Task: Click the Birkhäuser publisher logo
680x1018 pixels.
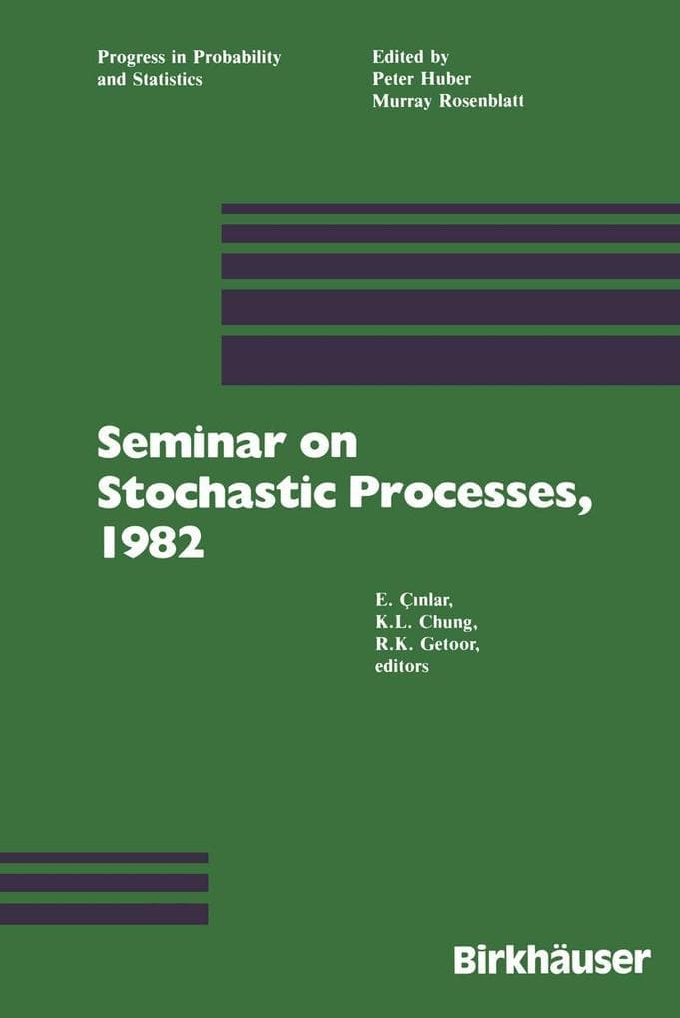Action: [x=552, y=959]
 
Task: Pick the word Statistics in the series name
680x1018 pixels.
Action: [x=167, y=78]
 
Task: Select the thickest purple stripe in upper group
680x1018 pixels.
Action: [x=449, y=360]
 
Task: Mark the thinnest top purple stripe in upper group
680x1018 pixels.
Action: [x=449, y=209]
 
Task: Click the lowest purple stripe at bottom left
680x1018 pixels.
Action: [x=104, y=913]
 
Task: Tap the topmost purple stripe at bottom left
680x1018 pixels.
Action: [x=104, y=857]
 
